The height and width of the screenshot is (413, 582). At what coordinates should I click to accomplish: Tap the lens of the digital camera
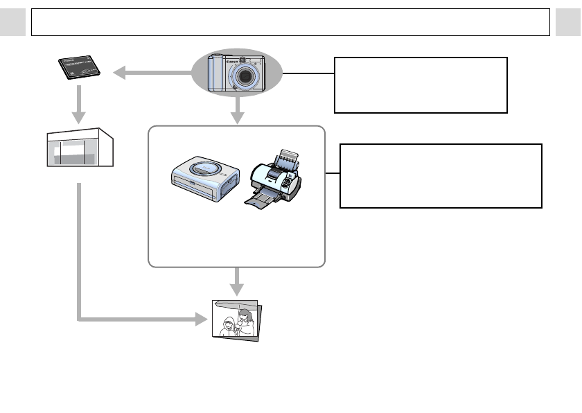(245, 76)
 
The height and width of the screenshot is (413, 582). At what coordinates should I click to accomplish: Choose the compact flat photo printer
(205, 177)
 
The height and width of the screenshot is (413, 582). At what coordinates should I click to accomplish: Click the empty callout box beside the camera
(421, 85)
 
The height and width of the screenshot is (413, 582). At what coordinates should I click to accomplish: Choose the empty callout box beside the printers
(441, 176)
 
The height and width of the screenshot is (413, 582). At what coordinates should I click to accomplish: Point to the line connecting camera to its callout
(308, 73)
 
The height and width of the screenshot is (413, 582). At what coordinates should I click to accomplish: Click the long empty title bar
(291, 22)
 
